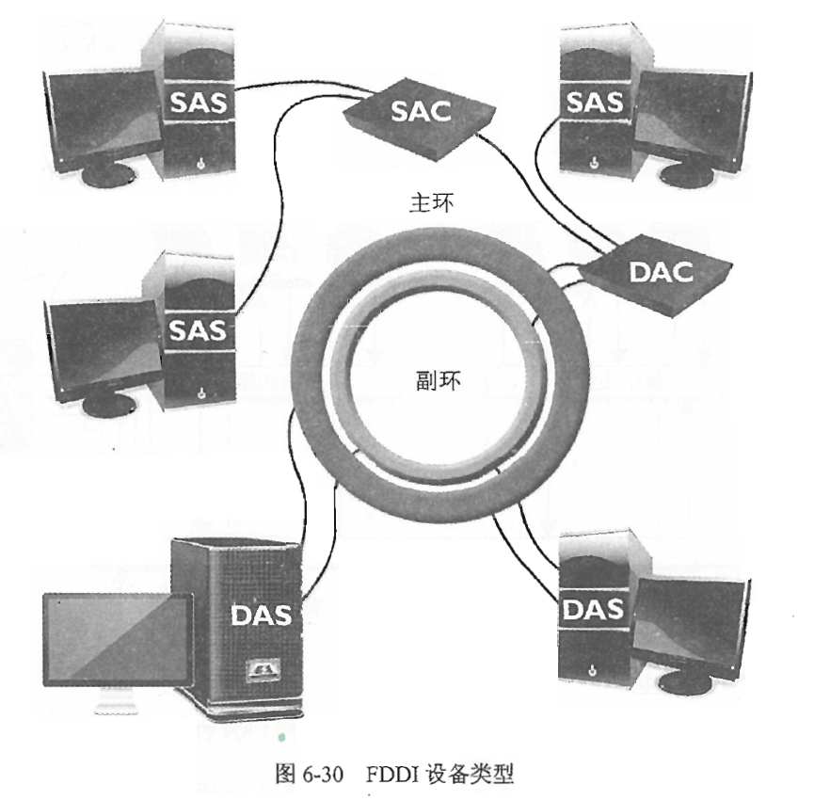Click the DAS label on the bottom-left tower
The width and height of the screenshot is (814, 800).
coord(261,616)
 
